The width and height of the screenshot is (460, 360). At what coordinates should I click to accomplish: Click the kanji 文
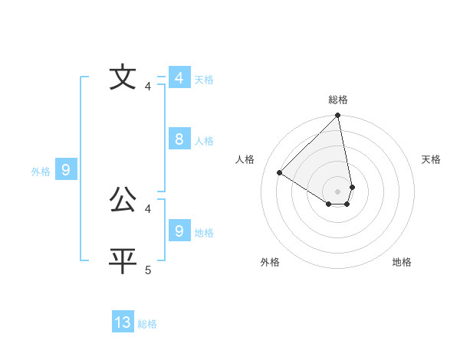coord(123,78)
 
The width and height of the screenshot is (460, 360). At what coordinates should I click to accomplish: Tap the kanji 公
coord(123,201)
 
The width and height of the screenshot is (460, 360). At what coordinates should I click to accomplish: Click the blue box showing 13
coord(123,322)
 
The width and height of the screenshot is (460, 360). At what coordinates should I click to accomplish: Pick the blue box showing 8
coord(179,139)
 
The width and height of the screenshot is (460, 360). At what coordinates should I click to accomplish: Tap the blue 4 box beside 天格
coord(179,78)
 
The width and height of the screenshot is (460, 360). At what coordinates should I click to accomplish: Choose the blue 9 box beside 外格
coord(66,170)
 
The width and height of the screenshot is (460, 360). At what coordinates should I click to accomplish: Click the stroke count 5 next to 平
coord(148,270)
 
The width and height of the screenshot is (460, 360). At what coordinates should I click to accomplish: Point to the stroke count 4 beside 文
coord(148,86)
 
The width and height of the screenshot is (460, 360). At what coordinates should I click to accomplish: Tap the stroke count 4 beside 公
coord(148,208)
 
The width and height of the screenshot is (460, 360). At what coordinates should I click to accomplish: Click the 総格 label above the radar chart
coord(338,100)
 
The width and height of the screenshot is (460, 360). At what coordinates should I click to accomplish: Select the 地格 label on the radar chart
coord(402,262)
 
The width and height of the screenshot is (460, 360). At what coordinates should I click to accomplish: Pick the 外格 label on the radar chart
coord(270,262)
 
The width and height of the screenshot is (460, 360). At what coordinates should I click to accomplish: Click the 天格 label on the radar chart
coord(432,159)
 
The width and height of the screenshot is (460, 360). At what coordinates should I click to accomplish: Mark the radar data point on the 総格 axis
coord(338,116)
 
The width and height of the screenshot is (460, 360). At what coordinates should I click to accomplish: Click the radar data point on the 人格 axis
coord(280,173)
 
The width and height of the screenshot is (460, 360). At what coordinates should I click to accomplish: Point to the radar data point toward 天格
coord(352,187)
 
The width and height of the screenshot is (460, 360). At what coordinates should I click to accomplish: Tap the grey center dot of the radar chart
coord(338,191)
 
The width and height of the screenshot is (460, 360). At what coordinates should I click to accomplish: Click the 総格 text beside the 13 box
coord(147,324)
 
